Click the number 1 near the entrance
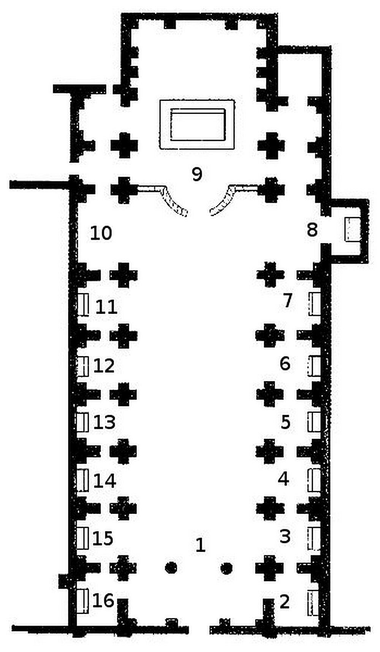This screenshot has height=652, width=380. (x=200, y=545)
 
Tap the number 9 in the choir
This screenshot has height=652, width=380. (x=197, y=174)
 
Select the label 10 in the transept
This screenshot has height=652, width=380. (x=101, y=233)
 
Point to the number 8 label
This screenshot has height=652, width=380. (x=312, y=230)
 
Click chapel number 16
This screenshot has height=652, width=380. (x=103, y=600)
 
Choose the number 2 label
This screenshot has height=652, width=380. (x=285, y=601)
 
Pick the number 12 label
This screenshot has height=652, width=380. (x=104, y=365)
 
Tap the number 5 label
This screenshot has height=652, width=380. (x=285, y=422)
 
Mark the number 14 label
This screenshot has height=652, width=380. (x=104, y=481)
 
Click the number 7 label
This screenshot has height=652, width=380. (x=288, y=300)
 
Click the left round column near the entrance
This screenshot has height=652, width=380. (x=171, y=568)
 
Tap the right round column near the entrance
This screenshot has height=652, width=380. (x=226, y=568)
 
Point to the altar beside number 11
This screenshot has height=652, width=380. (x=83, y=305)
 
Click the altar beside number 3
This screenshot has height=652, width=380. (x=314, y=539)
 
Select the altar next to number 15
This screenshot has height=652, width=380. (x=83, y=538)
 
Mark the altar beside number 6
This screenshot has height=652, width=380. (x=314, y=365)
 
